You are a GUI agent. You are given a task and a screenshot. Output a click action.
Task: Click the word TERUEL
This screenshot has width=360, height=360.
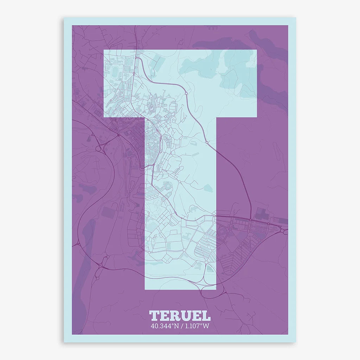[x=180, y=315]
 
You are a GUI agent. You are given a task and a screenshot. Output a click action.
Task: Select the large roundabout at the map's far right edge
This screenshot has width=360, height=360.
[x=283, y=231]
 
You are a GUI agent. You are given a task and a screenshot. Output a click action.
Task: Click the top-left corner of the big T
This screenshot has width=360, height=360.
[x=104, y=50]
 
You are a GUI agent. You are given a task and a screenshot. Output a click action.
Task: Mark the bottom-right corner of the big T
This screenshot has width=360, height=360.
[x=216, y=289]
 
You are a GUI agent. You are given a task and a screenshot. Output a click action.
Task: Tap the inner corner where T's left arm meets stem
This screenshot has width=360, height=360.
[x=145, y=117]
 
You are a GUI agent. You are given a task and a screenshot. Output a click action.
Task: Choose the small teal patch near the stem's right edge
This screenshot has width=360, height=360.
[x=208, y=188]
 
